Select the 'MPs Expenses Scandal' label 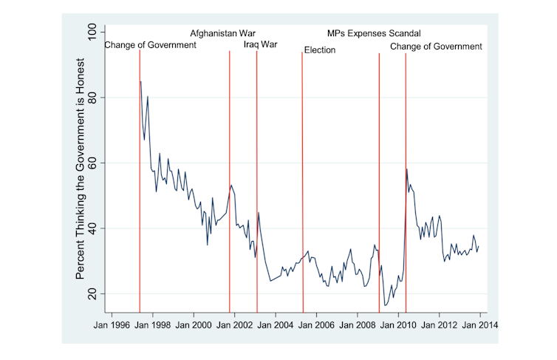coord(374,33)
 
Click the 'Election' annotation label coord(320,50)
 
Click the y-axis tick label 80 coord(92,98)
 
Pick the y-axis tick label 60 coord(92,163)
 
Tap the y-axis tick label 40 coord(92,228)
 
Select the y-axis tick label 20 coord(92,293)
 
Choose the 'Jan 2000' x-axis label coord(194,323)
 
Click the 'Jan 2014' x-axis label coord(479,323)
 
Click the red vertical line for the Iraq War coord(256,185)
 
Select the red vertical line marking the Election coord(302,185)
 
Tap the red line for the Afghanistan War coord(230,185)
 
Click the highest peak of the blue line coord(140,81)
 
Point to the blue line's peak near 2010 coord(407,169)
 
